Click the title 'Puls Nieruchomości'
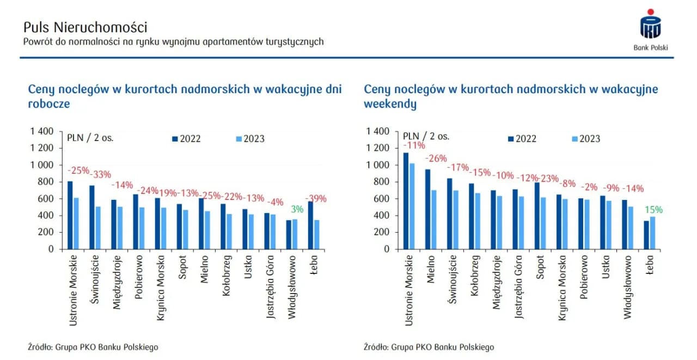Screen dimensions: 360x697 [x=85, y=27]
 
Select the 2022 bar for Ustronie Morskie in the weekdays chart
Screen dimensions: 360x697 [x=70, y=215]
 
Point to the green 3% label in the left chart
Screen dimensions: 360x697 [x=297, y=209]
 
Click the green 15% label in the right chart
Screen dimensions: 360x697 [x=654, y=210]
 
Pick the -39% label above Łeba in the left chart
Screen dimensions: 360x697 [x=316, y=199]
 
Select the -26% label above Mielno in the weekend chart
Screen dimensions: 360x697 [x=436, y=158]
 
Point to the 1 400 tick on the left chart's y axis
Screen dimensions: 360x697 [x=42, y=131]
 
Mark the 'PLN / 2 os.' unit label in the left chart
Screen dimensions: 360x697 [x=90, y=137]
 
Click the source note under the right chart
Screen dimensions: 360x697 [x=429, y=347]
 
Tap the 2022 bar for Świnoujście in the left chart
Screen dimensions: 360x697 [x=92, y=217]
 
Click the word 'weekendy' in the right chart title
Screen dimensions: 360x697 [x=390, y=103]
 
